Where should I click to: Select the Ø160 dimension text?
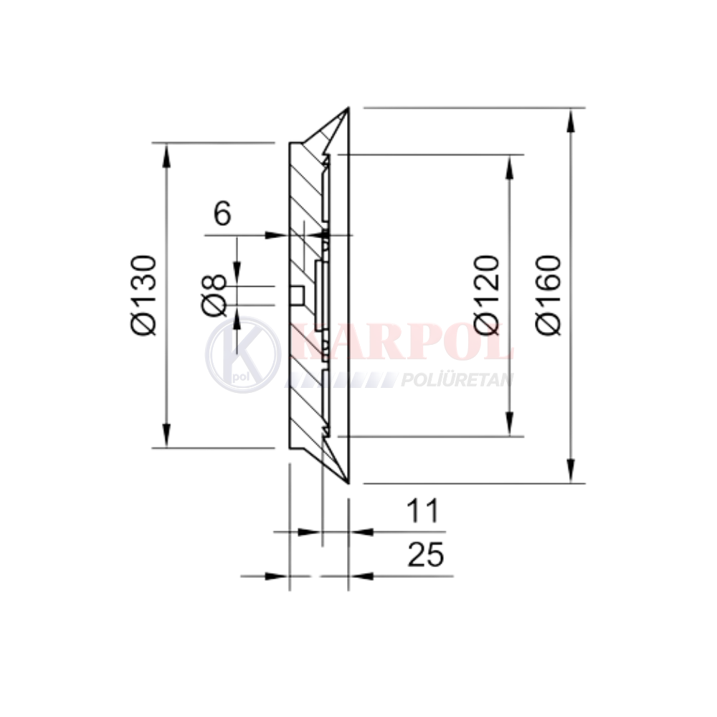pyautogui.click(x=547, y=295)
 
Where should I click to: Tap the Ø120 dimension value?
pyautogui.click(x=486, y=295)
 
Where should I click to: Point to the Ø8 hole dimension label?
pyautogui.click(x=214, y=295)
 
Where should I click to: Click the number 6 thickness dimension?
pyautogui.click(x=223, y=213)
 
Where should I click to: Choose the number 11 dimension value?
pyautogui.click(x=422, y=511)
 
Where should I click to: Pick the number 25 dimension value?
pyautogui.click(x=425, y=554)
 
